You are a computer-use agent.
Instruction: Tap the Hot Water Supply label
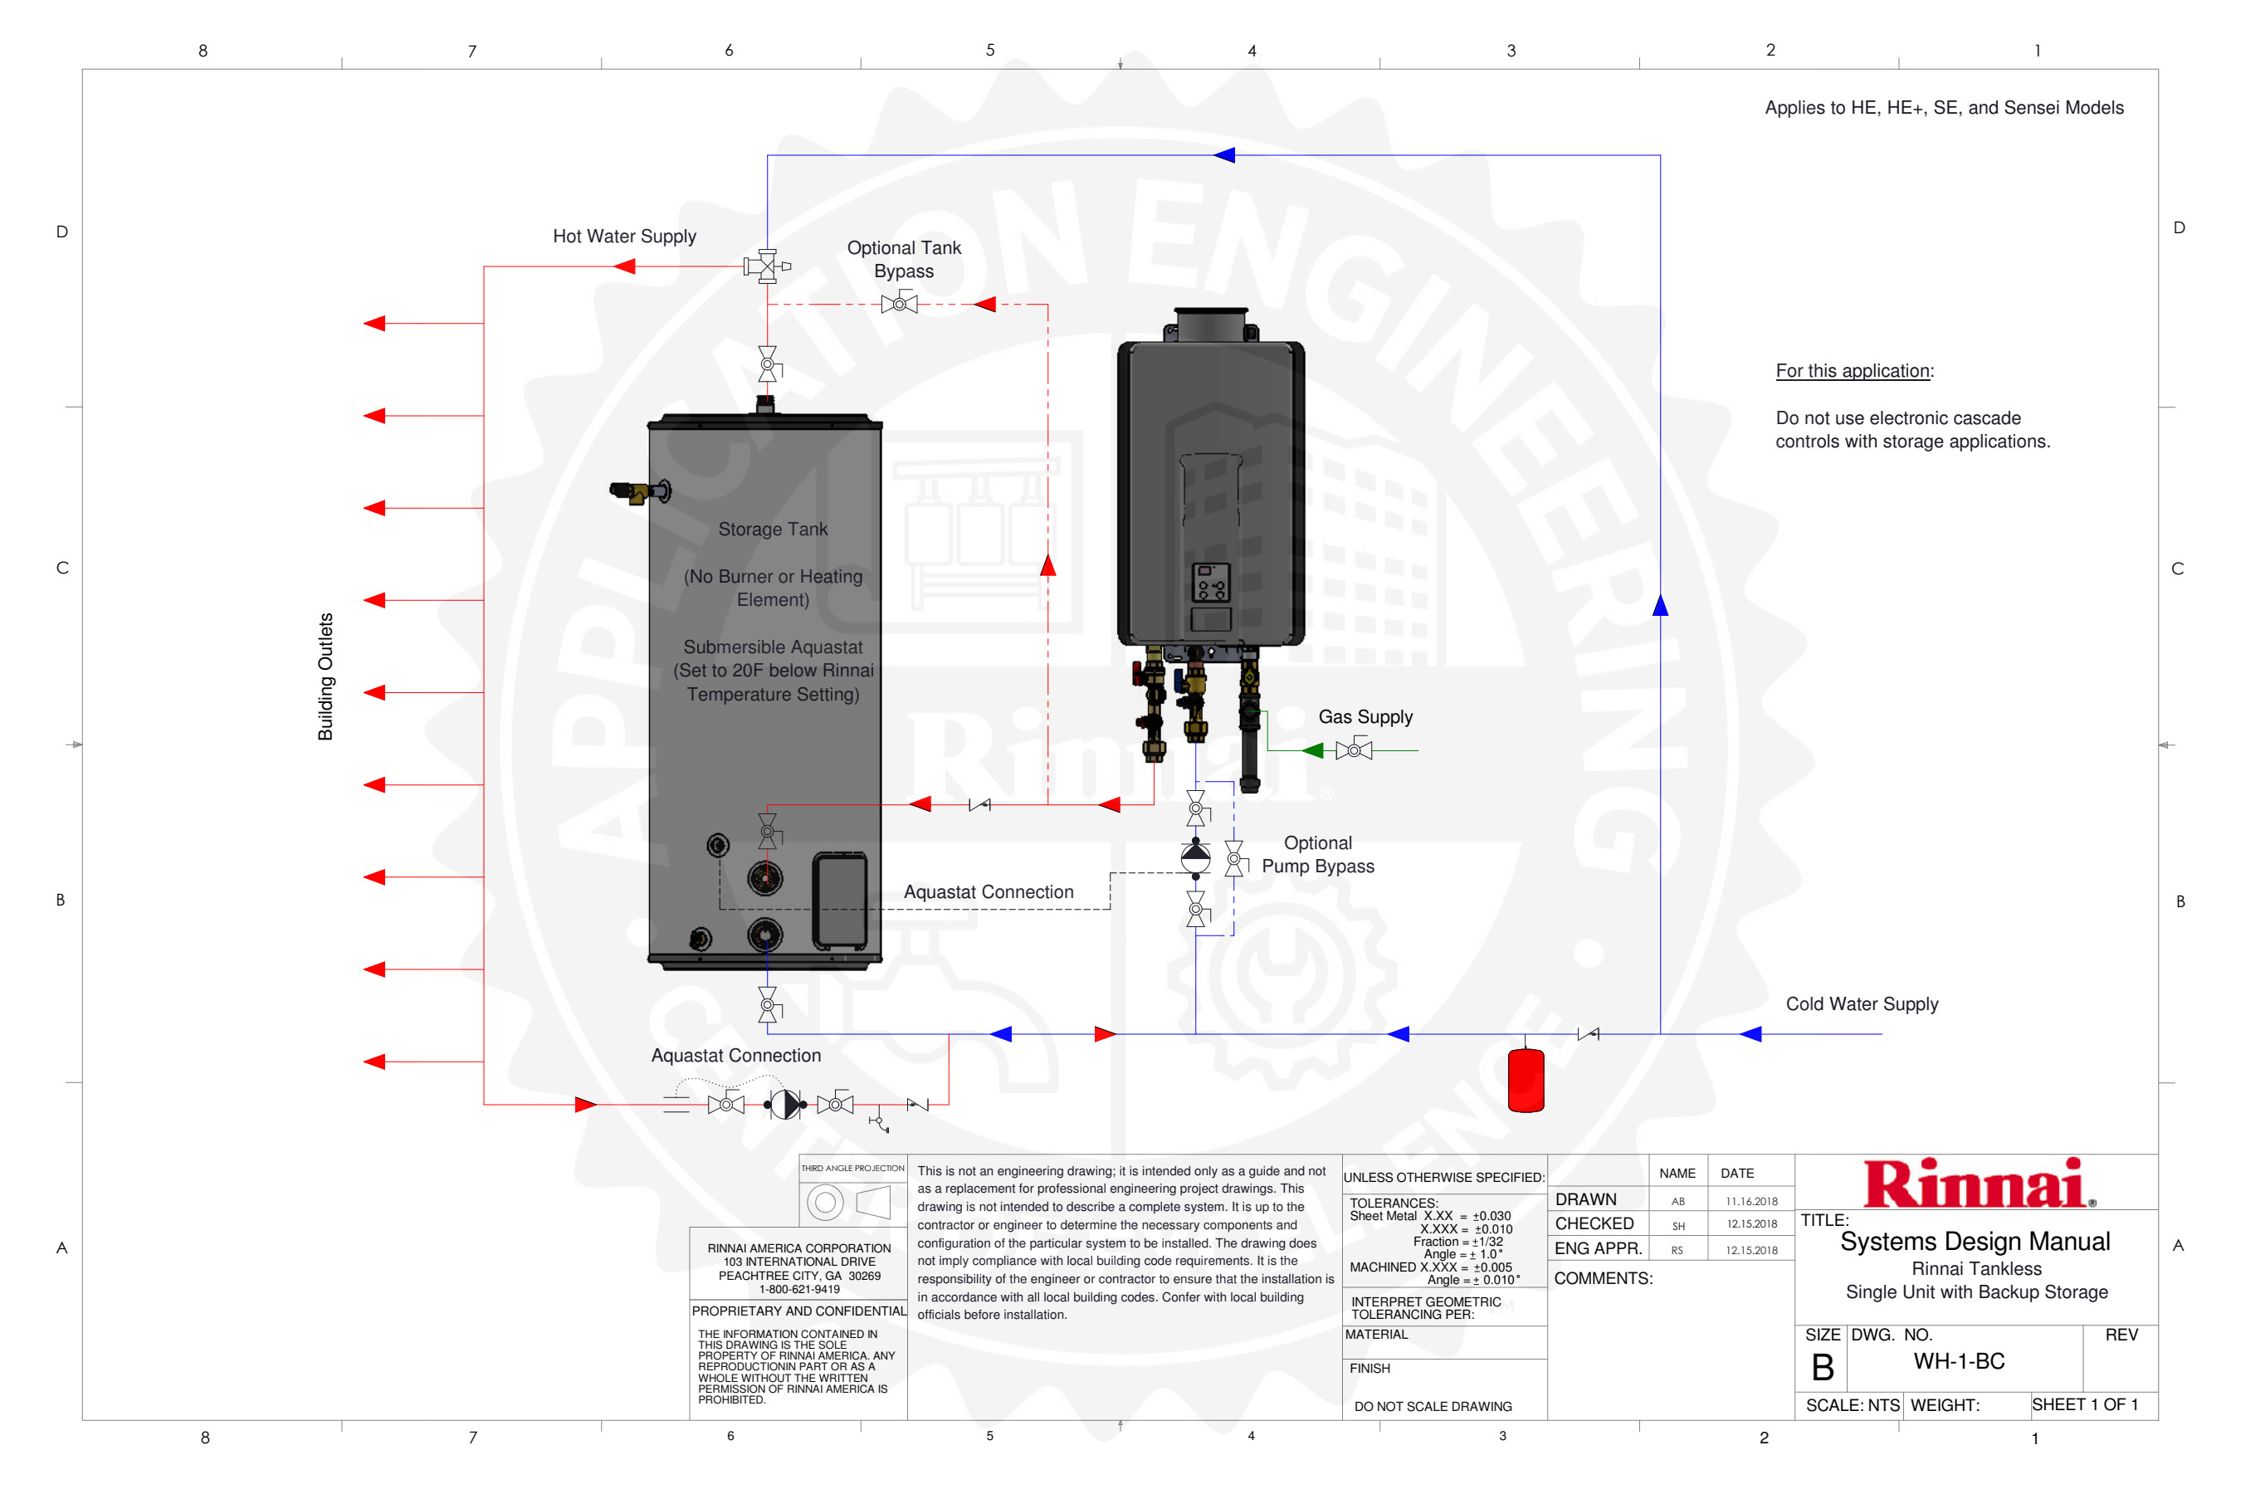624,237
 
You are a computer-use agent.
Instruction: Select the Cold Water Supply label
1861,1004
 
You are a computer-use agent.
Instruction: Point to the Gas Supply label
1365,717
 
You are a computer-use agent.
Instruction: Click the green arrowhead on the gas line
1313,751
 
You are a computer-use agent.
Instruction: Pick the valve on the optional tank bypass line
899,305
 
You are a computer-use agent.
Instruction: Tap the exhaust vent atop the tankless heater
1210,324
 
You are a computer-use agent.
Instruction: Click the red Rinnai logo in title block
1978,1184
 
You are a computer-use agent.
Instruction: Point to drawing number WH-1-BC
1959,1361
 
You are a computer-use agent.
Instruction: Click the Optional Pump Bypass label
1318,855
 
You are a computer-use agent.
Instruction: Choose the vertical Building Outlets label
326,676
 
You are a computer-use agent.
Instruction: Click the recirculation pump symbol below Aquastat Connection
785,1104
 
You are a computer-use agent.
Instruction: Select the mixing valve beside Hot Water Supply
767,266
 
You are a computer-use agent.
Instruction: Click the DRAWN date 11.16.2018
1751,1202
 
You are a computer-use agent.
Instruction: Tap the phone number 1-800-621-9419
798,1289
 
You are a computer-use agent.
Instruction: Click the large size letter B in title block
1822,1368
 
